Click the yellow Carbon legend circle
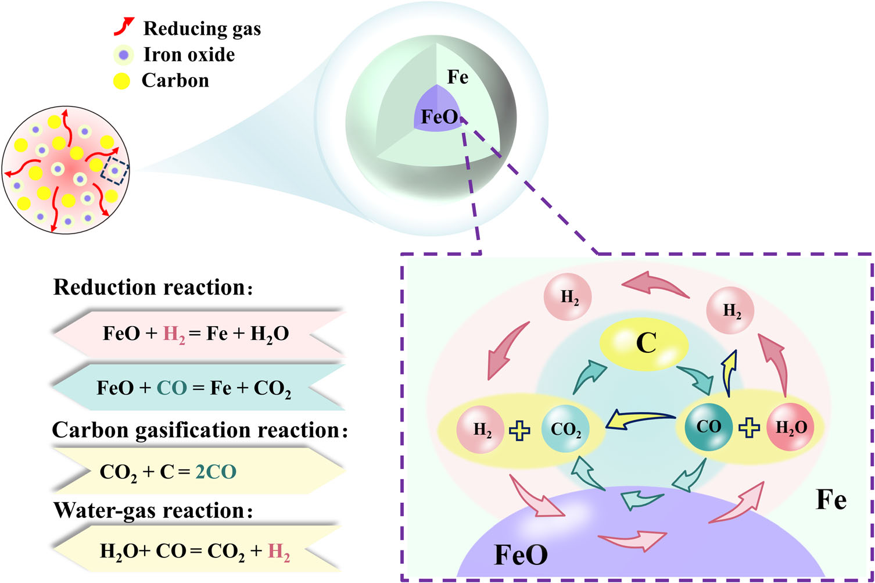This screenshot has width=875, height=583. tap(121, 81)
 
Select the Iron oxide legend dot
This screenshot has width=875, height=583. tap(123, 55)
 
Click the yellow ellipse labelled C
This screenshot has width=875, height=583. tap(644, 344)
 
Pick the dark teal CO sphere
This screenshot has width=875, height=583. tap(708, 427)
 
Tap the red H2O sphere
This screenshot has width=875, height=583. tap(790, 428)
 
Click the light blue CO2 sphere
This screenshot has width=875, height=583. tap(565, 430)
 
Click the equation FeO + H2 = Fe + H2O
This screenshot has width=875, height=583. tap(196, 334)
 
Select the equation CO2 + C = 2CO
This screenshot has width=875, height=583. tap(168, 471)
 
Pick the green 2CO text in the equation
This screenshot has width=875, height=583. tap(216, 471)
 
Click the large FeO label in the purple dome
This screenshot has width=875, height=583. tap(521, 555)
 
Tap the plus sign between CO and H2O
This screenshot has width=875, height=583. tap(749, 428)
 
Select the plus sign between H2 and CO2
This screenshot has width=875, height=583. tap(519, 431)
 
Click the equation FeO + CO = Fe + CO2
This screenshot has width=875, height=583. tap(194, 388)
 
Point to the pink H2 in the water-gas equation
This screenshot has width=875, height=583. tap(279, 551)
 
